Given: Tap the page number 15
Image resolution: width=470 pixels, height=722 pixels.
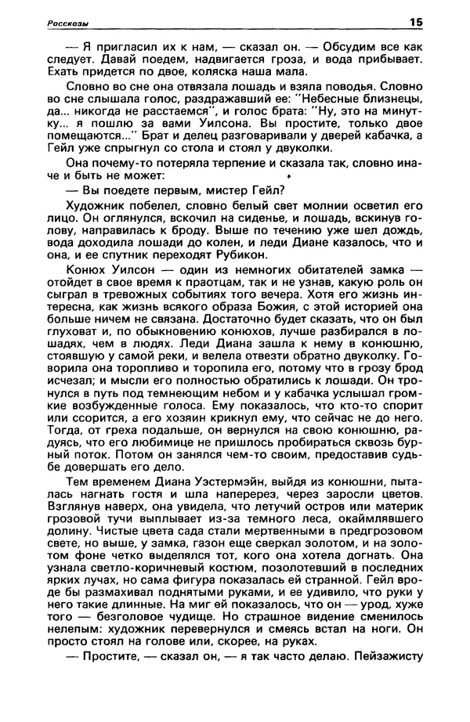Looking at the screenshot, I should [414, 23].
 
